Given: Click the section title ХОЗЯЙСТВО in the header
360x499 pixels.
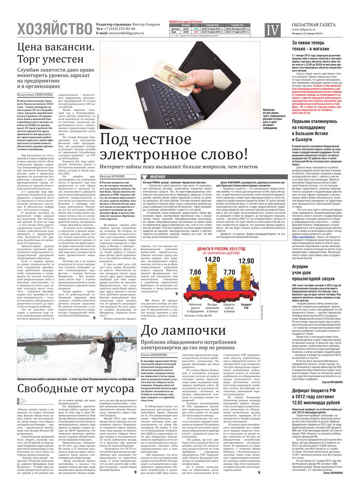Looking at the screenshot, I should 54,30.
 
